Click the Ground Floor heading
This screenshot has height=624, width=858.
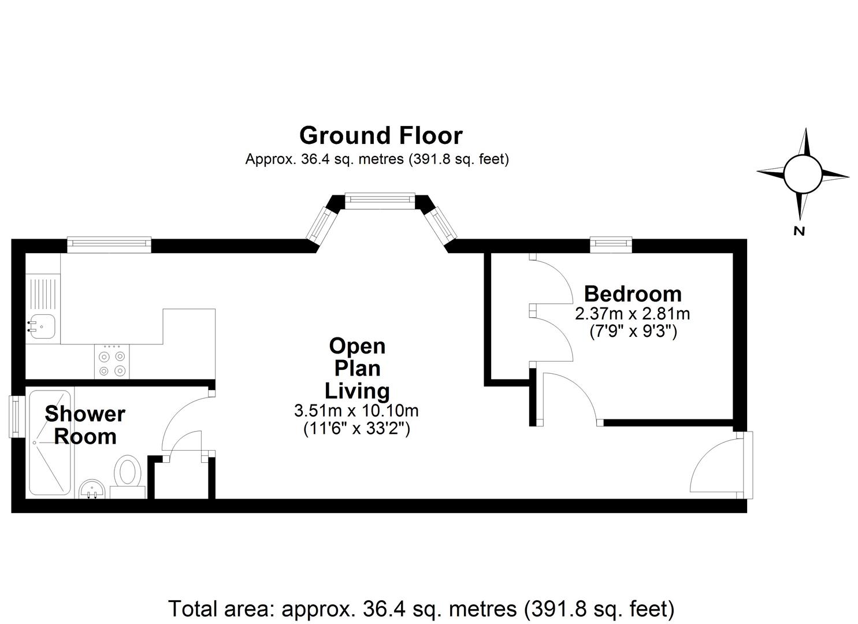[x=381, y=136]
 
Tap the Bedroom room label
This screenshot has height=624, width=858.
[x=633, y=294]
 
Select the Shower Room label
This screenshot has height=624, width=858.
[x=85, y=425]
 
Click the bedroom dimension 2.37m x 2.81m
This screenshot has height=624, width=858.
[x=633, y=314]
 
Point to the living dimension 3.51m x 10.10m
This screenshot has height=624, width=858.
[x=356, y=411]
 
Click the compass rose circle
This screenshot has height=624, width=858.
[x=803, y=174]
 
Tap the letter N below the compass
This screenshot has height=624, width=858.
[x=799, y=231]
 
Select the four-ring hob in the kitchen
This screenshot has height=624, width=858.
[x=112, y=362]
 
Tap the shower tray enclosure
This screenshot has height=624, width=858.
[x=50, y=443]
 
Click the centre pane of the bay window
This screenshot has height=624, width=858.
[x=380, y=201]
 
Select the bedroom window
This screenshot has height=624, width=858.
[x=611, y=245]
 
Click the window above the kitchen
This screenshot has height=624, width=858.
[x=109, y=245]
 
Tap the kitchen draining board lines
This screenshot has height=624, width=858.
[x=43, y=294]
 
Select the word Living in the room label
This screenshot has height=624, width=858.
[x=358, y=392]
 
